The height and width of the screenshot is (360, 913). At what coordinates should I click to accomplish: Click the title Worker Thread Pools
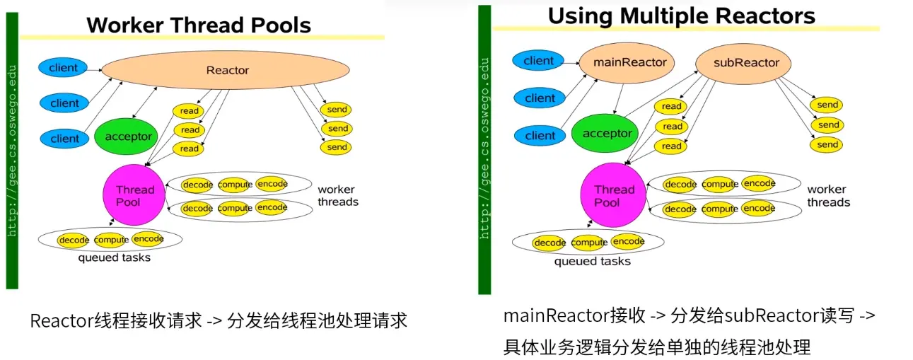[x=199, y=25]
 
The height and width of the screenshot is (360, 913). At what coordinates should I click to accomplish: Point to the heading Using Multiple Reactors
[x=681, y=16]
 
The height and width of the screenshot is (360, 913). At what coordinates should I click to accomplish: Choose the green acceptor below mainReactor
[x=607, y=133]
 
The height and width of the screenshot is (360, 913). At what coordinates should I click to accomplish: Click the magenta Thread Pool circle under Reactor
[x=134, y=196]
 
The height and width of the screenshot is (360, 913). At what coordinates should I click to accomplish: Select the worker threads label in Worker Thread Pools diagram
[x=337, y=196]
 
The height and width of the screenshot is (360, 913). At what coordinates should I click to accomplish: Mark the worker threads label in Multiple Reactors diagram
[x=828, y=196]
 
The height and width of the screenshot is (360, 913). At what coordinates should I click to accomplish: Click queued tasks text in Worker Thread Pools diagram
[x=114, y=258]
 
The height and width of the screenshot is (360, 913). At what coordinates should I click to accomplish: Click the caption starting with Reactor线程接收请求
[x=219, y=320]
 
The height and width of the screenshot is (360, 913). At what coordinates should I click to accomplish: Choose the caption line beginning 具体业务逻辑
[x=657, y=347]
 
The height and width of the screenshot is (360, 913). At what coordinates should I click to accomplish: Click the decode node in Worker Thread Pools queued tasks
[x=74, y=240]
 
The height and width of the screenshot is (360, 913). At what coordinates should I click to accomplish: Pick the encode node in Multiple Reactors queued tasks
[x=629, y=242]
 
